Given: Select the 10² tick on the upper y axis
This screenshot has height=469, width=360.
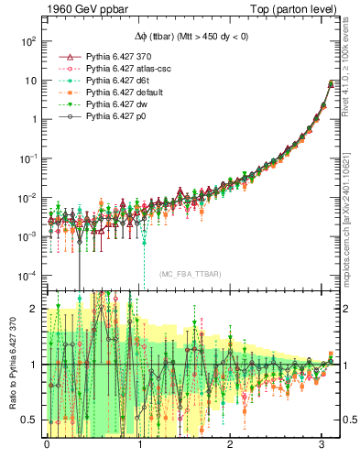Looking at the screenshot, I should [x=27, y=41].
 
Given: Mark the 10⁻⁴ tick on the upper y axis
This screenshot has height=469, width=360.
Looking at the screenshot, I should [x=27, y=276].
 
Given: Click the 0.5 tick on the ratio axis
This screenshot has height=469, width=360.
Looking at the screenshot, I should [x=32, y=420].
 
